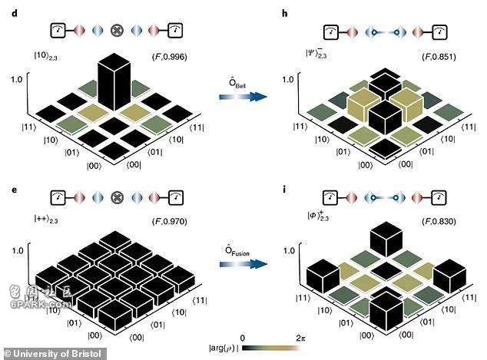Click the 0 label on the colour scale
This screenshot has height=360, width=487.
(243, 339)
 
